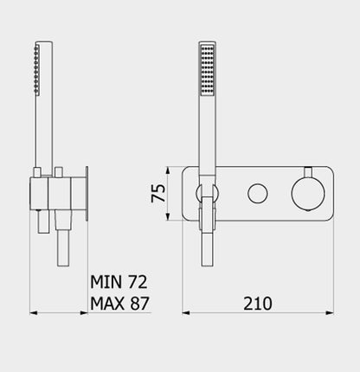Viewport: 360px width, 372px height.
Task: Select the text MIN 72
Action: [119, 281]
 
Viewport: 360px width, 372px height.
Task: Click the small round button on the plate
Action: [256, 192]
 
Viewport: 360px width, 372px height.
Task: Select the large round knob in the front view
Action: [306, 191]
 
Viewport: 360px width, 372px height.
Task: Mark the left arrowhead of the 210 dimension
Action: [186, 313]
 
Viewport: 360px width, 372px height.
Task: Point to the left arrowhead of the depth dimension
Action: [34, 313]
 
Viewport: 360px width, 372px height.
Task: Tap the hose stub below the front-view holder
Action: [208, 251]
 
